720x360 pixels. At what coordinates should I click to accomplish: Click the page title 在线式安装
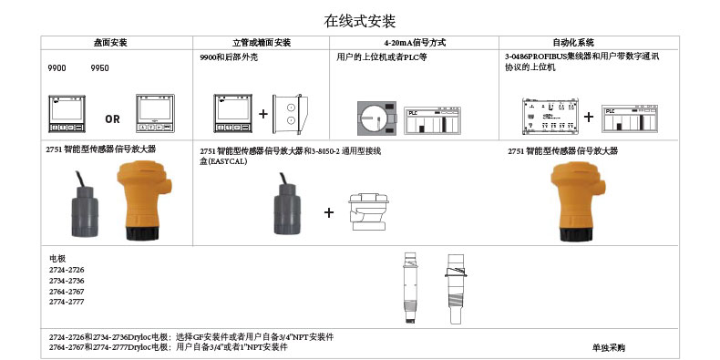click(359, 21)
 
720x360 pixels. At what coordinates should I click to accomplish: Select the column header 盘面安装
click(110, 43)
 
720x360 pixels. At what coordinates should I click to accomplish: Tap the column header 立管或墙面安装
click(262, 43)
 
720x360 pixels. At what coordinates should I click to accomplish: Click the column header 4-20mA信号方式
click(415, 43)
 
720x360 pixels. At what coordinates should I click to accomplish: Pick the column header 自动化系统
click(573, 43)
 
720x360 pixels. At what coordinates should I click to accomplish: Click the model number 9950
click(99, 68)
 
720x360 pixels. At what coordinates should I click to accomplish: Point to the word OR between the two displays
click(112, 119)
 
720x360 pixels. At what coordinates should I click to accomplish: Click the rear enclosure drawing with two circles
click(290, 114)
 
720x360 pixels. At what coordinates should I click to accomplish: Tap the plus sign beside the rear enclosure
click(263, 114)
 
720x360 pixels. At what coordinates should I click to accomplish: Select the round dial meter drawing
click(377, 118)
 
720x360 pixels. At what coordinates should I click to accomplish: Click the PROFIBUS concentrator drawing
click(550, 116)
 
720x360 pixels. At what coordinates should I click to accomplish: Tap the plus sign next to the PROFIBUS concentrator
click(588, 117)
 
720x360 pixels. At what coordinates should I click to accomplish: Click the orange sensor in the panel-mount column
click(143, 201)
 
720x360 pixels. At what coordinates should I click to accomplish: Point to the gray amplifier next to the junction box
click(287, 203)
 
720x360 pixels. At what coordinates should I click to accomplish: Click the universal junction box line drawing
click(368, 211)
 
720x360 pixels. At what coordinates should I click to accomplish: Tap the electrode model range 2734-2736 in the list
click(67, 281)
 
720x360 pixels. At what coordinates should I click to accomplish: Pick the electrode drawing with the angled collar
click(456, 289)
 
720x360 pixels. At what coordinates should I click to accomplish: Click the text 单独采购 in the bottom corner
click(609, 347)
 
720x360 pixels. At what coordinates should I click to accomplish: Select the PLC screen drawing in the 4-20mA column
click(433, 121)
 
